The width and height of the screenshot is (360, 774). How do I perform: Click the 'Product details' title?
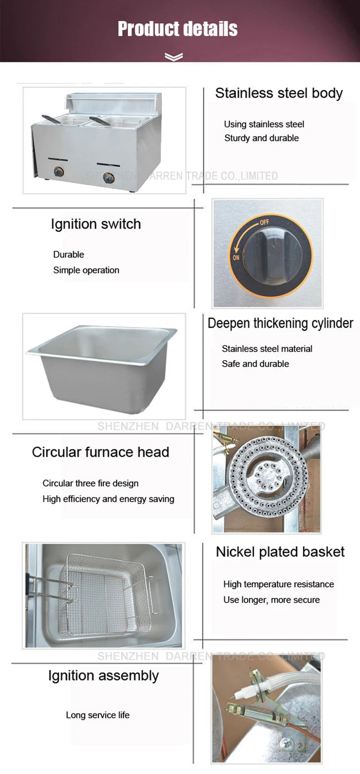coord(177,29)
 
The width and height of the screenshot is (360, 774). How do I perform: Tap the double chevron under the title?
coord(174,57)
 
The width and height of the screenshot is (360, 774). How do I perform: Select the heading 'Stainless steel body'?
coord(279,93)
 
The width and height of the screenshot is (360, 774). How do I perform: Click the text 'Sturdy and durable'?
coord(261,138)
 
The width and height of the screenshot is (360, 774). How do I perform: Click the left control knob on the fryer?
coord(59,171)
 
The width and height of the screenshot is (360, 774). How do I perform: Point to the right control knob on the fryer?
coord(109,178)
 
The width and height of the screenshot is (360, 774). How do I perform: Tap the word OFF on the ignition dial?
coord(264,222)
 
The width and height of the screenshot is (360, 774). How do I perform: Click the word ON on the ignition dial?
coord(236,257)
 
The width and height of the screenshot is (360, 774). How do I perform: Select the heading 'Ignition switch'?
coord(96,224)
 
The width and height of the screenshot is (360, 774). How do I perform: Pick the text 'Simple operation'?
coord(86,270)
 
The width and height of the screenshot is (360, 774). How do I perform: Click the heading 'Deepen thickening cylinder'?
coord(280,324)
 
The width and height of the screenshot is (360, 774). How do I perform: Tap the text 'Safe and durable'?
coord(255,363)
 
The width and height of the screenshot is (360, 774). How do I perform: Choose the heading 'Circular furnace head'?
coord(101,452)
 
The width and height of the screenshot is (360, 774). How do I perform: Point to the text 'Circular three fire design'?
coord(91,483)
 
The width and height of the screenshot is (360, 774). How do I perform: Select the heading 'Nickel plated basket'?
coord(280,552)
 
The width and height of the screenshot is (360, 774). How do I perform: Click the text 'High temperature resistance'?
coord(279,584)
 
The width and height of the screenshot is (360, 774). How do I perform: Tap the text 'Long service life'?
coord(98,715)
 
